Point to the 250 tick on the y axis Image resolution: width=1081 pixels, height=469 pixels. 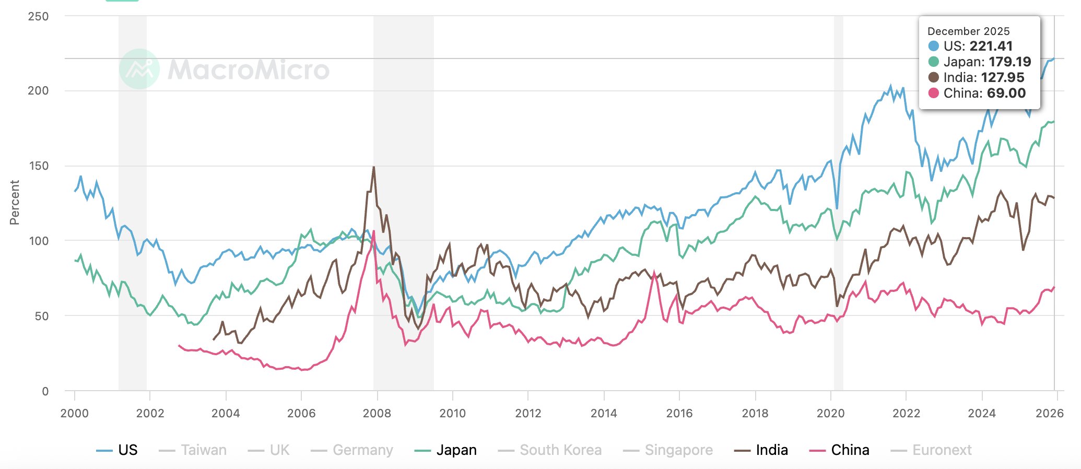[38, 16]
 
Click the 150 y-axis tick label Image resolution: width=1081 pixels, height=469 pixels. [38, 166]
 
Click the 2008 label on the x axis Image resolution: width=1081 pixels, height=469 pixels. [377, 414]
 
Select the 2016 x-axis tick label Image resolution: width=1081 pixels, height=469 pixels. [679, 414]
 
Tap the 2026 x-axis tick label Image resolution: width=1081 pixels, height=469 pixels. [1049, 414]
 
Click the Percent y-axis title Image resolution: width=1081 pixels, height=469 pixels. [15, 203]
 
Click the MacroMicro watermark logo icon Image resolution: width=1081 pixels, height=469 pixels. [139, 69]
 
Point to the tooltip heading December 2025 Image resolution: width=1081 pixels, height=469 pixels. [968, 31]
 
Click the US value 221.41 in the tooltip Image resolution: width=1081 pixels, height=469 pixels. [991, 46]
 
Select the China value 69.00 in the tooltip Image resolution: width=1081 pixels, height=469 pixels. [1006, 93]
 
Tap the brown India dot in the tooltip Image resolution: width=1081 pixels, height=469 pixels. [934, 77]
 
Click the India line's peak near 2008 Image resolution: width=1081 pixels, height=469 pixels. [373, 167]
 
